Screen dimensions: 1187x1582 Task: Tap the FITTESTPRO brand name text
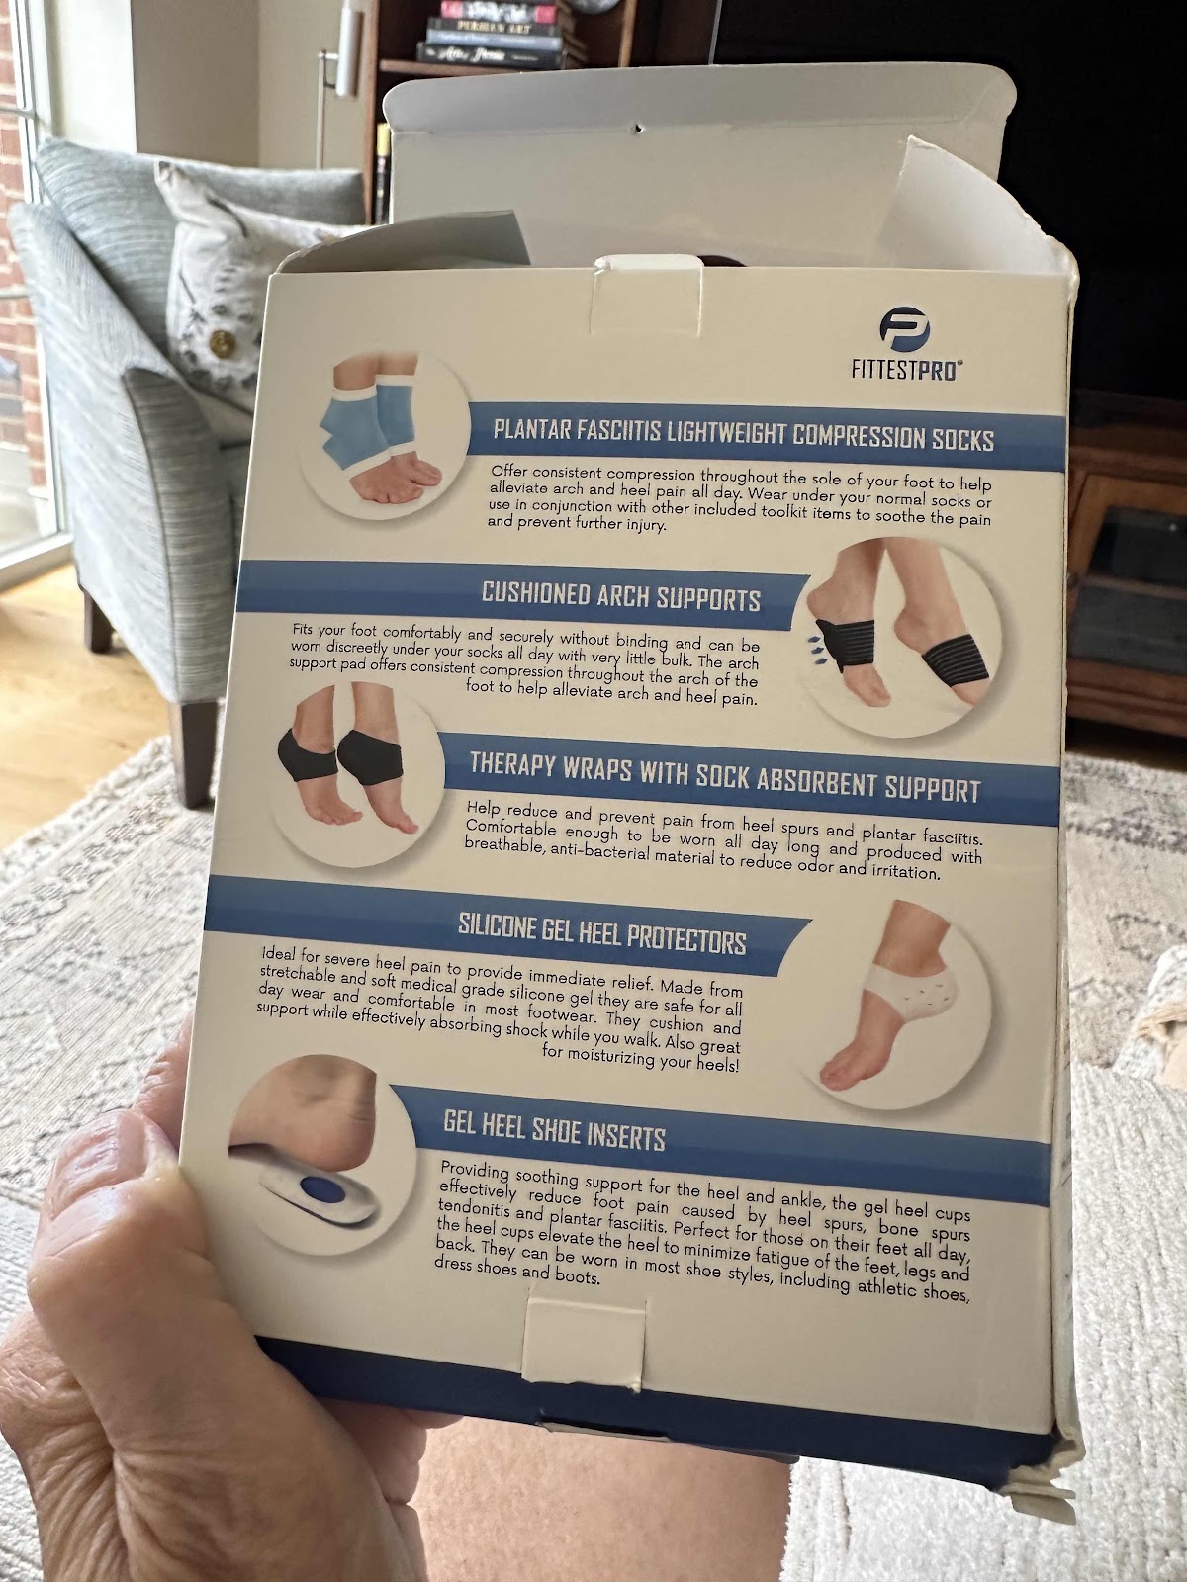click(x=907, y=370)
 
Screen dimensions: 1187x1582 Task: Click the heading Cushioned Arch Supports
click(x=620, y=597)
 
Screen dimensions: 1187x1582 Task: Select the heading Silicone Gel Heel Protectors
click(x=601, y=934)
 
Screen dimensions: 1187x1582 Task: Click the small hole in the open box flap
click(x=638, y=129)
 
